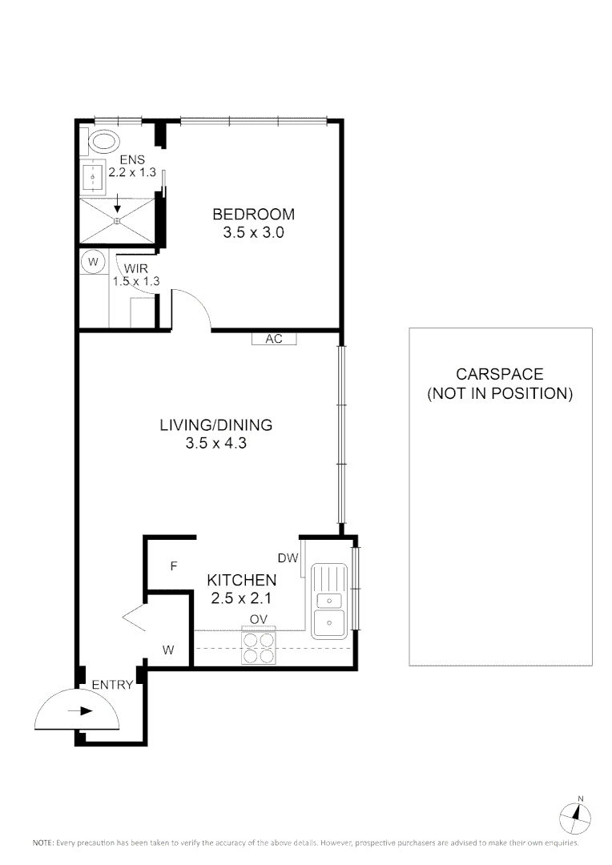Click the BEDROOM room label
253,215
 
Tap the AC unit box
274,339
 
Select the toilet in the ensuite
102,143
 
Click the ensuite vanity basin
95,176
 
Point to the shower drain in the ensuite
117,220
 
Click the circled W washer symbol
93,262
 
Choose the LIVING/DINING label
215,425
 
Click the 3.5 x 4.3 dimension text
214,443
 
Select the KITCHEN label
242,580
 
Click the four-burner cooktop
259,647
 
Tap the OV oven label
258,619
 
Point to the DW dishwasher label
288,558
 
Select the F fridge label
172,566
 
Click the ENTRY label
112,685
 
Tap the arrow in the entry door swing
81,710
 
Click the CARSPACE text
499,374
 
